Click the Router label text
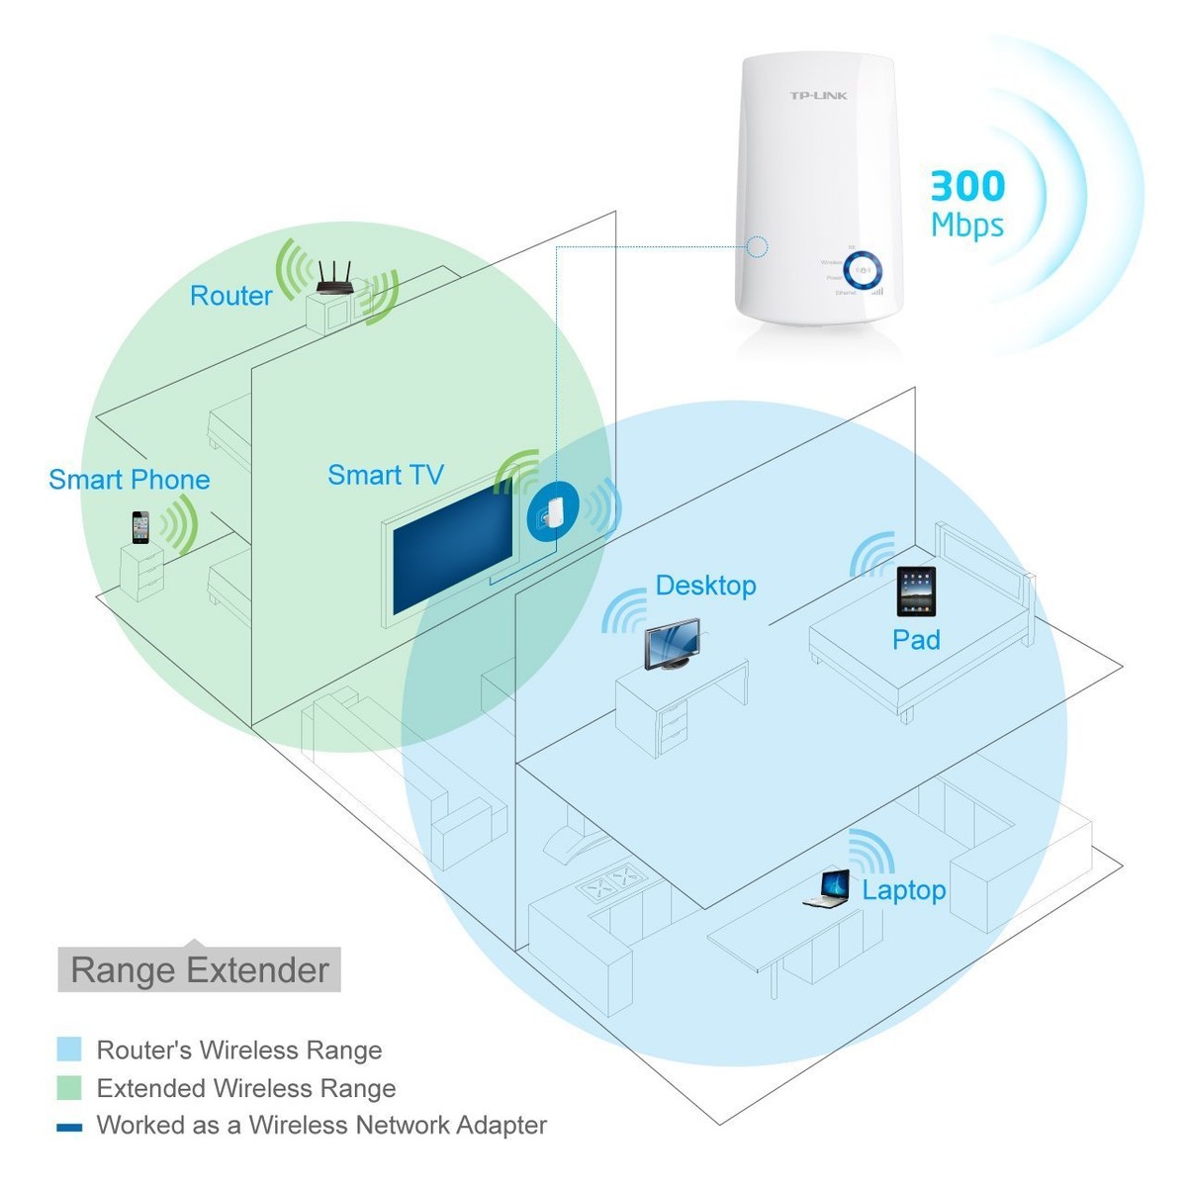[230, 296]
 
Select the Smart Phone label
[130, 480]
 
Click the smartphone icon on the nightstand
[140, 527]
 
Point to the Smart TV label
[386, 476]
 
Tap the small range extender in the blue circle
[551, 512]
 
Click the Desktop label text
[705, 586]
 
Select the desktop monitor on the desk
[673, 645]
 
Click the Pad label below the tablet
[916, 640]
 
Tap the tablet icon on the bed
[916, 591]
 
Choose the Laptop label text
[904, 890]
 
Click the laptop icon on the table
[828, 888]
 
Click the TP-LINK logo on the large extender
[818, 96]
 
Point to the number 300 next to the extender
[967, 186]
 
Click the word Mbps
[967, 226]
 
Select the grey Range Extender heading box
[199, 970]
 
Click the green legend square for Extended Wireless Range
[69, 1088]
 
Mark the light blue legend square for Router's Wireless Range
[69, 1050]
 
